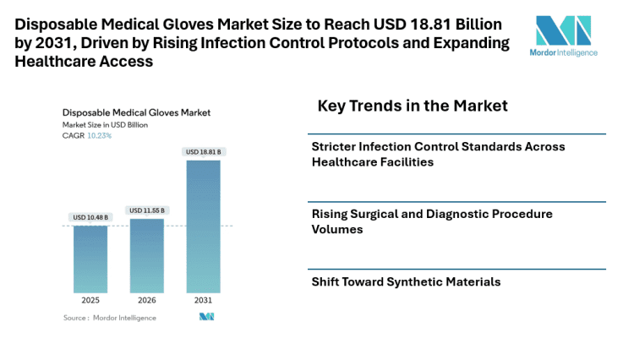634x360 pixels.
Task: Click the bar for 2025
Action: pos(90,259)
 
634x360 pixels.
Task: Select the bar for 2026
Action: pos(146,255)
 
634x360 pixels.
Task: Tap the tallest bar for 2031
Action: pos(203,226)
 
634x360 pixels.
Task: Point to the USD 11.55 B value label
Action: pos(146,210)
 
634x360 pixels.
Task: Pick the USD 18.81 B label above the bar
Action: pos(203,152)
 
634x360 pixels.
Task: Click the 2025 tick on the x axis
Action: pos(90,300)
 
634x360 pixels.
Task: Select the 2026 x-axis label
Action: pos(146,300)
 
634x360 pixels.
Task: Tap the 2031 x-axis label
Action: pos(203,300)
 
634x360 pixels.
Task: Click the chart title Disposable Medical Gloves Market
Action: pos(136,112)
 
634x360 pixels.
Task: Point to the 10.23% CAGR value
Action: pos(100,135)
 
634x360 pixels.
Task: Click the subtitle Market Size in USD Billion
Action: pos(105,124)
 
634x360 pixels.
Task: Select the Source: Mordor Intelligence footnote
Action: pos(98,318)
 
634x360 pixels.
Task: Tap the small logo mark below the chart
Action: pos(206,317)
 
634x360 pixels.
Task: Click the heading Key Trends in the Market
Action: pos(413,106)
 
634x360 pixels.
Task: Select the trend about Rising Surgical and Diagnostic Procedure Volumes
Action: pos(431,221)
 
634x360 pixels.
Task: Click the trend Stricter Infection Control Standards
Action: pos(438,154)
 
